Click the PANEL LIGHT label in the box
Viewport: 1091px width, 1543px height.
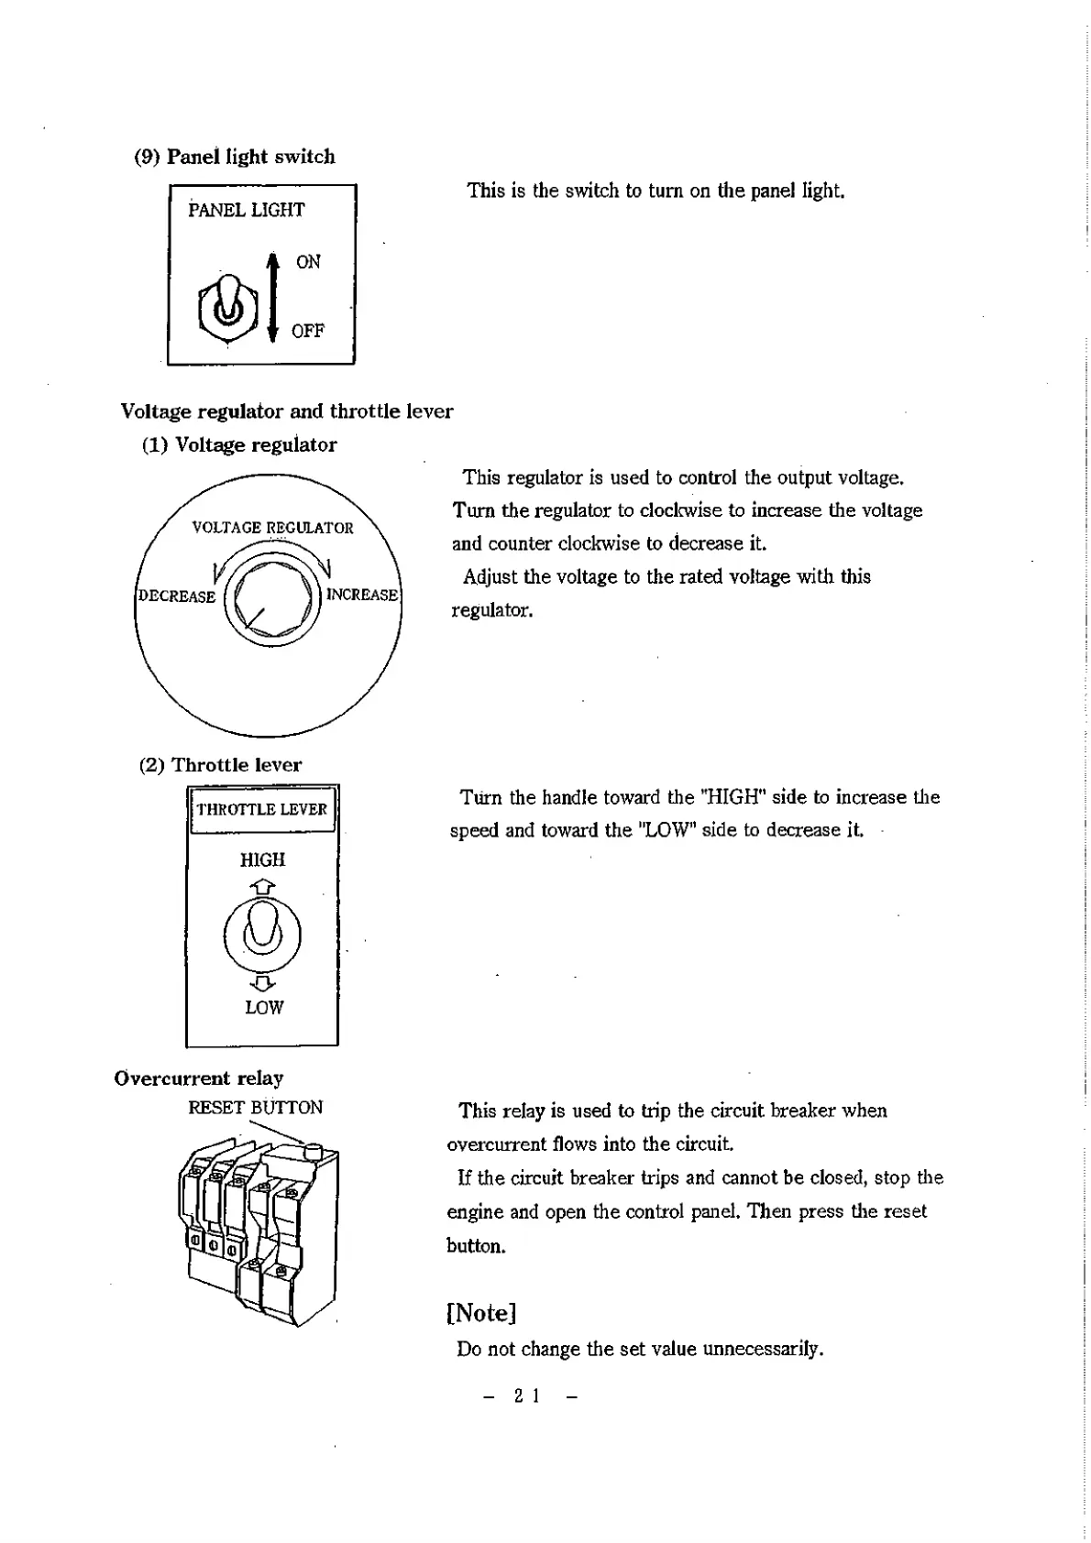pos(247,210)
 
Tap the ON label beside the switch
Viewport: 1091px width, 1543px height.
pos(308,262)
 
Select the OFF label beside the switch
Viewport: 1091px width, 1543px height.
pos(307,331)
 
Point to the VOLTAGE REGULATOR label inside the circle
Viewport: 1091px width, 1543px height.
pos(272,527)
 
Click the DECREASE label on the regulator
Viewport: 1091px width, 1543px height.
pos(176,596)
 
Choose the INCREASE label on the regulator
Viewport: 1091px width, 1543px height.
pos(362,595)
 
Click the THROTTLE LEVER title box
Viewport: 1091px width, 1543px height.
pos(261,809)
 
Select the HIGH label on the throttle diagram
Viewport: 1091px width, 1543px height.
pos(262,859)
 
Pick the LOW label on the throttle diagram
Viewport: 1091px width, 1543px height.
pos(264,1007)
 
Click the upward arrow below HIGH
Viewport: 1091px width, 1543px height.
pos(263,886)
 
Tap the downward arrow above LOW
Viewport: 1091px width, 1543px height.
pos(263,983)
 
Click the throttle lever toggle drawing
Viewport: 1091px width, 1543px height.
pos(263,935)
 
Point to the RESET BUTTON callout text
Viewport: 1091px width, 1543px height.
pos(255,1107)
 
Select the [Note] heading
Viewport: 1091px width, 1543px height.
pos(481,1312)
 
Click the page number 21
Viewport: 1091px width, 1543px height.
pos(526,1395)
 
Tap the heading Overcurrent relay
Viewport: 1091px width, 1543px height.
pos(199,1078)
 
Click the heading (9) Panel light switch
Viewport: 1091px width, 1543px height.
pos(235,157)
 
